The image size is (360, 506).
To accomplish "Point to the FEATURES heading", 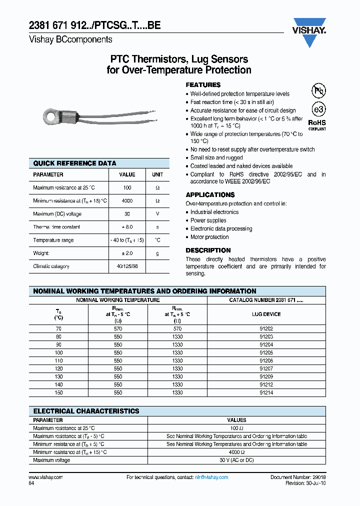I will tap(203, 85).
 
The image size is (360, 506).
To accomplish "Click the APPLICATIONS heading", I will tap(210, 194).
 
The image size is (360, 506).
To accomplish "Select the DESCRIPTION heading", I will tap(208, 250).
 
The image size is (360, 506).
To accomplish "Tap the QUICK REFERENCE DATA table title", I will tap(74, 163).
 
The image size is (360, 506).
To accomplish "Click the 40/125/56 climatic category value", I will tap(127, 266).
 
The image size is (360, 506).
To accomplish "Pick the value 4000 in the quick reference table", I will tap(127, 201).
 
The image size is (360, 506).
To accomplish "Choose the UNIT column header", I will tap(157, 175).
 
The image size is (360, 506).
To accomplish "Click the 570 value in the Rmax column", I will tap(118, 329).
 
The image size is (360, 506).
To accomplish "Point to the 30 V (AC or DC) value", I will tap(236, 460).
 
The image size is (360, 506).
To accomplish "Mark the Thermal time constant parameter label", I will tap(56, 227).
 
